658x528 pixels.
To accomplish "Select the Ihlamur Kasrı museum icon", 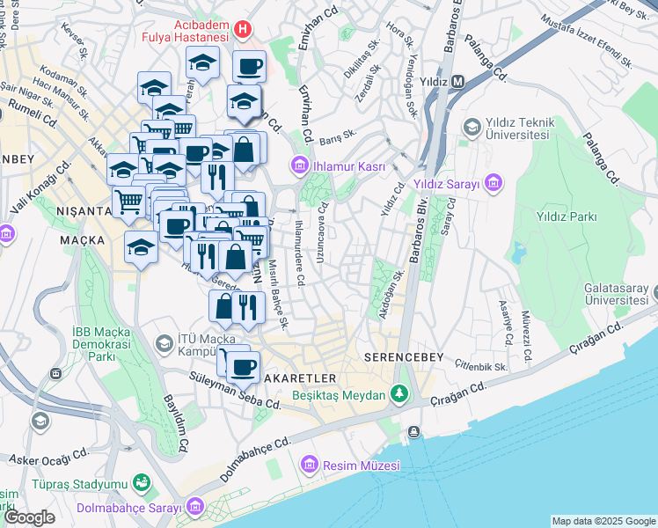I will [300, 165].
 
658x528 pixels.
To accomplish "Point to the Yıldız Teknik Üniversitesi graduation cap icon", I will [471, 128].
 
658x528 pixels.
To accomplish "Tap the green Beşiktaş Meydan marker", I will [400, 393].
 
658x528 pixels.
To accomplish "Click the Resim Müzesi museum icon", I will [309, 463].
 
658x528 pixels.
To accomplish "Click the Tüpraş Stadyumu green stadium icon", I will [140, 483].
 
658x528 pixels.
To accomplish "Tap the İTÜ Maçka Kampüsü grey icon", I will [164, 341].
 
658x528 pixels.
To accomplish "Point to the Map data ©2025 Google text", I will [603, 521].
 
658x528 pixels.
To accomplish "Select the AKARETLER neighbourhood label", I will [296, 377].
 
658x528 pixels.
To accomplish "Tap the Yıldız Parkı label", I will [567, 216].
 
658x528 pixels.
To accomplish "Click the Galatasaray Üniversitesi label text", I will [620, 294].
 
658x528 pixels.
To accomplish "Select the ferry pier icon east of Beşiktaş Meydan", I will [413, 431].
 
